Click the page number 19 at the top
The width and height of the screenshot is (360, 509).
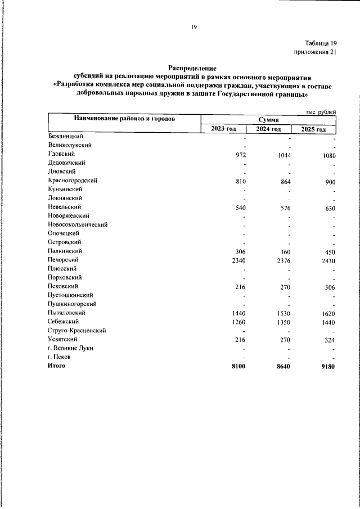(x=193, y=27)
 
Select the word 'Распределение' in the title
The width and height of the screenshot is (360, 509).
(x=192, y=67)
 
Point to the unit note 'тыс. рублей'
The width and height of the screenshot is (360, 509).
(x=321, y=112)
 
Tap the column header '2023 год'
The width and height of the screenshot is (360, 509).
(x=223, y=129)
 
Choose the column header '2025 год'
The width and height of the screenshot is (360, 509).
(x=313, y=129)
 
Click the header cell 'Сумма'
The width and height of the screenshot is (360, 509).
(x=268, y=119)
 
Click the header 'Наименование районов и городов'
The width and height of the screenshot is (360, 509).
(x=124, y=119)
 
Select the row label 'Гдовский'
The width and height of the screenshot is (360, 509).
(x=61, y=154)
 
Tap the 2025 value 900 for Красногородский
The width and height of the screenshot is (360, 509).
(x=330, y=183)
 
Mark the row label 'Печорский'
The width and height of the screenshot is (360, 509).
(x=63, y=260)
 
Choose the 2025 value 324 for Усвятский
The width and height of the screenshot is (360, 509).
(x=330, y=340)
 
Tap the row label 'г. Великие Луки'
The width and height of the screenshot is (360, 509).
(x=70, y=348)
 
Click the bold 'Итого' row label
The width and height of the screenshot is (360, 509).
(x=57, y=366)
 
